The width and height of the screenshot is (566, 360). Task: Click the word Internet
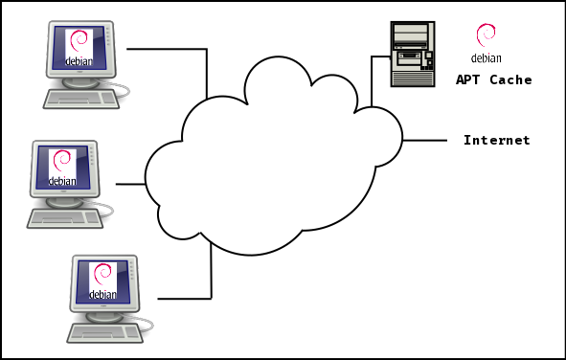click(x=496, y=141)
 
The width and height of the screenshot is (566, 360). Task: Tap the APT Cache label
click(x=493, y=80)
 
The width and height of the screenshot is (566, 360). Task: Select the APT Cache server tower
click(x=413, y=54)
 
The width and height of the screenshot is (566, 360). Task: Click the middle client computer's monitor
click(x=64, y=167)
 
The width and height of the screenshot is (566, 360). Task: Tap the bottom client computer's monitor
click(x=102, y=281)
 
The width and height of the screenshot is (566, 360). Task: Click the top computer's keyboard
click(x=80, y=99)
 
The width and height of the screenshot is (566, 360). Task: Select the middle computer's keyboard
click(x=64, y=217)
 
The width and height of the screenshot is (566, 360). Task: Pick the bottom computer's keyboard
click(x=103, y=330)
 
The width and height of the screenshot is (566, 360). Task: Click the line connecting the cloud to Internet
click(x=424, y=141)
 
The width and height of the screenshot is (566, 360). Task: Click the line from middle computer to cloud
click(x=130, y=183)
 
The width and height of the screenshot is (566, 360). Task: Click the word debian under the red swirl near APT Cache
click(x=486, y=58)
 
